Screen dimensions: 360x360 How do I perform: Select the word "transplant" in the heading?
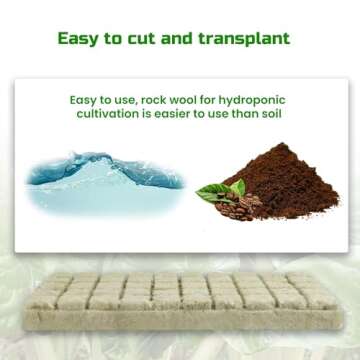[x=246, y=40]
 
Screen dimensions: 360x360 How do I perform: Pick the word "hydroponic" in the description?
[x=263, y=100]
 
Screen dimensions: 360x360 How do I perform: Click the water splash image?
[x=105, y=180]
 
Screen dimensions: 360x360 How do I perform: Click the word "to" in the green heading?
[x=126, y=39]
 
